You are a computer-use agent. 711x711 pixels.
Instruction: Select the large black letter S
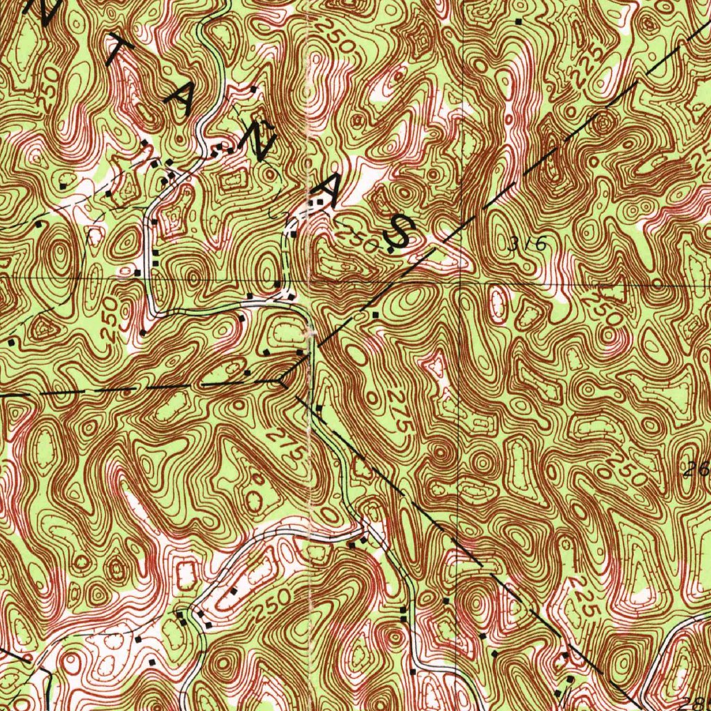click(400, 233)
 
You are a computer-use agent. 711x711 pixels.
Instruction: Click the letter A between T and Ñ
click(183, 97)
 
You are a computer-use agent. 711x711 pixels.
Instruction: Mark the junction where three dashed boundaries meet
click(279, 380)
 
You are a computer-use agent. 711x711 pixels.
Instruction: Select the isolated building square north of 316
click(519, 22)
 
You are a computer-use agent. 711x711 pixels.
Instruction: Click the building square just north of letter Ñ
click(254, 90)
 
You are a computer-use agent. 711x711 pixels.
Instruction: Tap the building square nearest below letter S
click(376, 315)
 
